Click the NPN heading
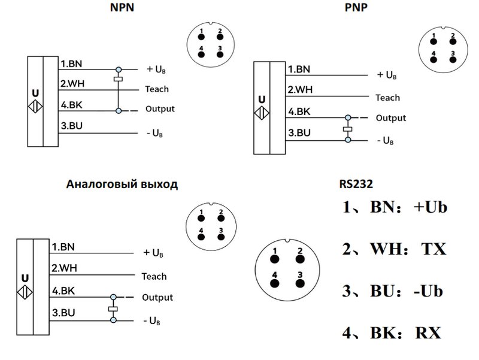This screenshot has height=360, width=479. tap(122, 8)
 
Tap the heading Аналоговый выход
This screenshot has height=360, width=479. tap(122, 184)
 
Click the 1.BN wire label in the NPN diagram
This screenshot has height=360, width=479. tap(71, 62)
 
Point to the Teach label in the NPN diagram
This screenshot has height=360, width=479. tap(157, 89)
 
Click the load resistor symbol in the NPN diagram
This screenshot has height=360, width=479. tap(119, 79)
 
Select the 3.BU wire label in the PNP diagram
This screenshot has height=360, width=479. tap(299, 132)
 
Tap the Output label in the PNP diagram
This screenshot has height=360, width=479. tap(390, 118)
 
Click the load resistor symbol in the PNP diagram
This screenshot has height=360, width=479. tap(347, 129)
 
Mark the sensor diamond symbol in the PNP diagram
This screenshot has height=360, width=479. tap(262, 113)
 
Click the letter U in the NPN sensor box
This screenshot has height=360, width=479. tap(35, 93)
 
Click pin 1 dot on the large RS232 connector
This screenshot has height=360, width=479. tap(275, 259)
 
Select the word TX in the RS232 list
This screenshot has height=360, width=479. tap(433, 249)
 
